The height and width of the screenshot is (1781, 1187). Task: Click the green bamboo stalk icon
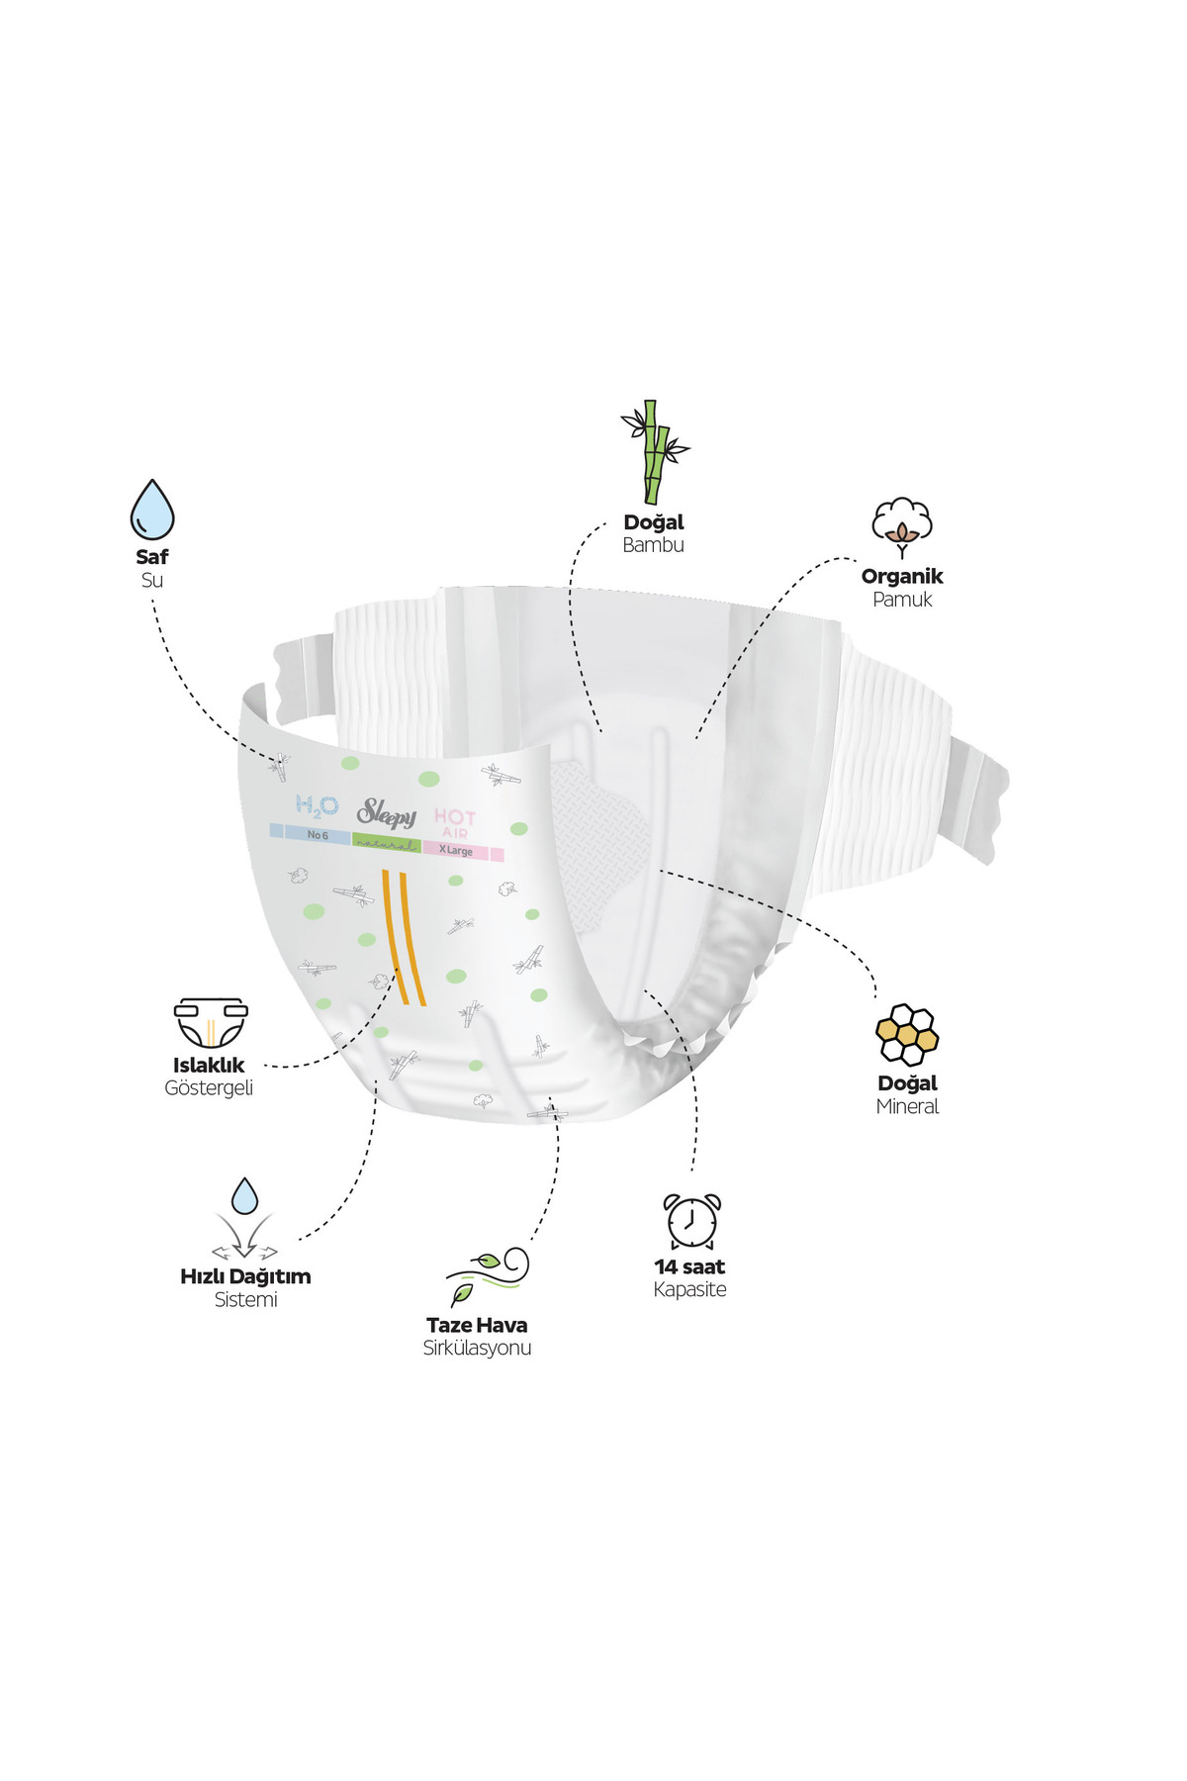(654, 452)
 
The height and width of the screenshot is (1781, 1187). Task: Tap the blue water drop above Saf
(152, 510)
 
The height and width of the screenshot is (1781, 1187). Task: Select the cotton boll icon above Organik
(901, 527)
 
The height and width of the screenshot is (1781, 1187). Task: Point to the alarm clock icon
(691, 1221)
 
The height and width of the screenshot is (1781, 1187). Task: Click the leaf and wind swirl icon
(487, 1276)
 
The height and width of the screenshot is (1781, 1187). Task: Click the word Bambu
(653, 545)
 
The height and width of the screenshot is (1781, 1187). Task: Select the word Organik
(902, 577)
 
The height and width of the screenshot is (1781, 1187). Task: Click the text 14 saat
(689, 1266)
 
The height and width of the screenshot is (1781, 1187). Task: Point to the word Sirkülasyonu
(477, 1348)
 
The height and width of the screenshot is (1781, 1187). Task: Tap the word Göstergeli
(209, 1087)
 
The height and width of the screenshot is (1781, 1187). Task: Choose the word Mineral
(907, 1106)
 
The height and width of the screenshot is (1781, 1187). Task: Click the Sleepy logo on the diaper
(387, 813)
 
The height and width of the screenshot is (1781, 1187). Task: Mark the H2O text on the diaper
(317, 806)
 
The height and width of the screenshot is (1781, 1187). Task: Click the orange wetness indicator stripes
(404, 937)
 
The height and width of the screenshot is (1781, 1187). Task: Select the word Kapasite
(689, 1289)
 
